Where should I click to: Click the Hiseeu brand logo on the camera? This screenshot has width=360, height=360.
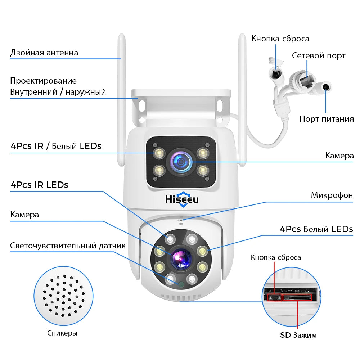(x=182, y=199)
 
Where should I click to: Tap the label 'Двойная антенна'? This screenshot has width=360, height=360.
(x=44, y=53)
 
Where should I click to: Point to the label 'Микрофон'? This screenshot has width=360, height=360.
(x=332, y=195)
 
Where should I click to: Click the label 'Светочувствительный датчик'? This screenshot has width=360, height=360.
(x=68, y=246)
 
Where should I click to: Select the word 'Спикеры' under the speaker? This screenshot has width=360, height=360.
(x=62, y=333)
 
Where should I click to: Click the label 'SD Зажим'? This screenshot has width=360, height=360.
(x=298, y=335)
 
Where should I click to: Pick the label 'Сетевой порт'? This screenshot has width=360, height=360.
(x=319, y=55)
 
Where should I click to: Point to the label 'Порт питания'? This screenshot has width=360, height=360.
(x=327, y=119)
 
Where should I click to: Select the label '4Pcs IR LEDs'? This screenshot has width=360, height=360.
(x=39, y=185)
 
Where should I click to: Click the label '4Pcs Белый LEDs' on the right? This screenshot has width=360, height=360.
(x=316, y=229)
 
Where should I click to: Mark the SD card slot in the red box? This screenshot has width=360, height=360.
(x=297, y=297)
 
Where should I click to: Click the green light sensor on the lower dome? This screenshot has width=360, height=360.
(x=181, y=284)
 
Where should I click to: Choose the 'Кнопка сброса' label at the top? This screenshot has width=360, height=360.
(x=280, y=39)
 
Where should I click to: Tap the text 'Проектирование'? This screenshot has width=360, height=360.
(x=43, y=81)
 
